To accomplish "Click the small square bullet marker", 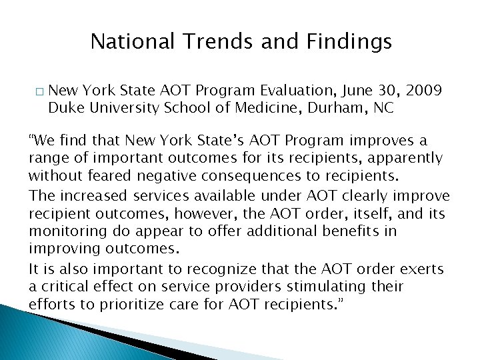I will click(x=36, y=91).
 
